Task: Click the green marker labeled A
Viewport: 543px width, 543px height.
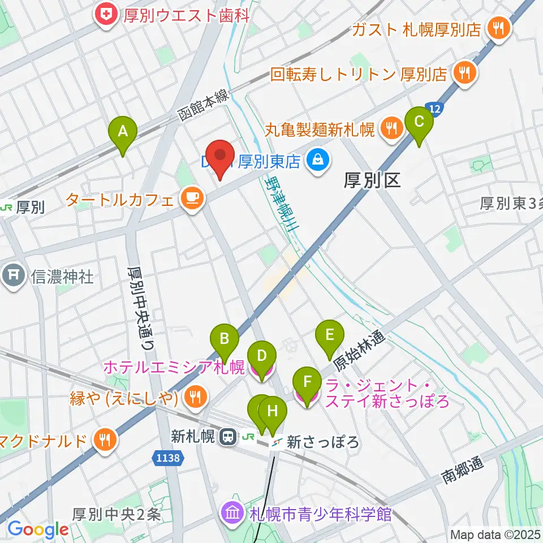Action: (x=122, y=132)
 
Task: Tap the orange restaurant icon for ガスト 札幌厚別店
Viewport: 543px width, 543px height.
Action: (x=498, y=29)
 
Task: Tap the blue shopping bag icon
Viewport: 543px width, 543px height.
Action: (x=318, y=162)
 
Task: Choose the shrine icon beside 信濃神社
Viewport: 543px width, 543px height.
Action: (x=12, y=277)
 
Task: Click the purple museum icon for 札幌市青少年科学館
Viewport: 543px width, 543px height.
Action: (x=232, y=514)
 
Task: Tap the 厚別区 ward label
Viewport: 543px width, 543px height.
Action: (x=373, y=180)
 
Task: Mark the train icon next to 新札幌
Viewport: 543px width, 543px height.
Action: (x=229, y=437)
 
